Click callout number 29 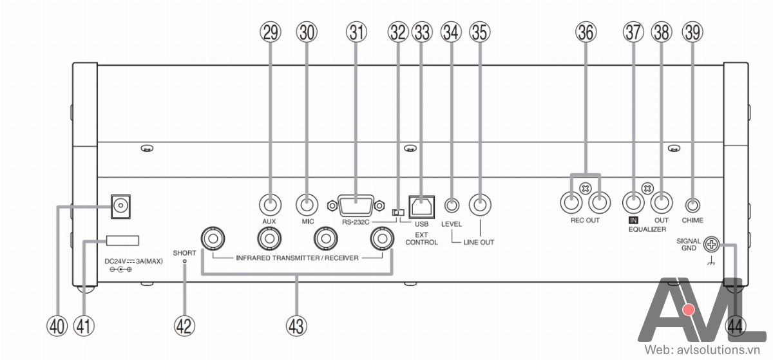tap(270, 32)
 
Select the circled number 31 tap(356, 32)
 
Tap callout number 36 tap(586, 32)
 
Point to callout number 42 tap(184, 326)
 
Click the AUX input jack tap(270, 205)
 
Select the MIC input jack tap(307, 205)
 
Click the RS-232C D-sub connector tap(356, 205)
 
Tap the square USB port tap(421, 207)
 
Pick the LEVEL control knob tap(452, 205)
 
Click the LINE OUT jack tap(480, 205)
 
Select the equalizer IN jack tap(633, 203)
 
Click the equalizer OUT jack tap(662, 203)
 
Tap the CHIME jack tap(692, 205)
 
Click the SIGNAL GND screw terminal tap(711, 245)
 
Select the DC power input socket tap(120, 207)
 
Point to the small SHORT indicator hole tap(185, 261)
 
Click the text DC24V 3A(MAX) tap(133, 261)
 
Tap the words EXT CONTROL tap(421, 238)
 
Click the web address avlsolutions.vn tap(718, 350)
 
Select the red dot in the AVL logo tap(689, 310)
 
